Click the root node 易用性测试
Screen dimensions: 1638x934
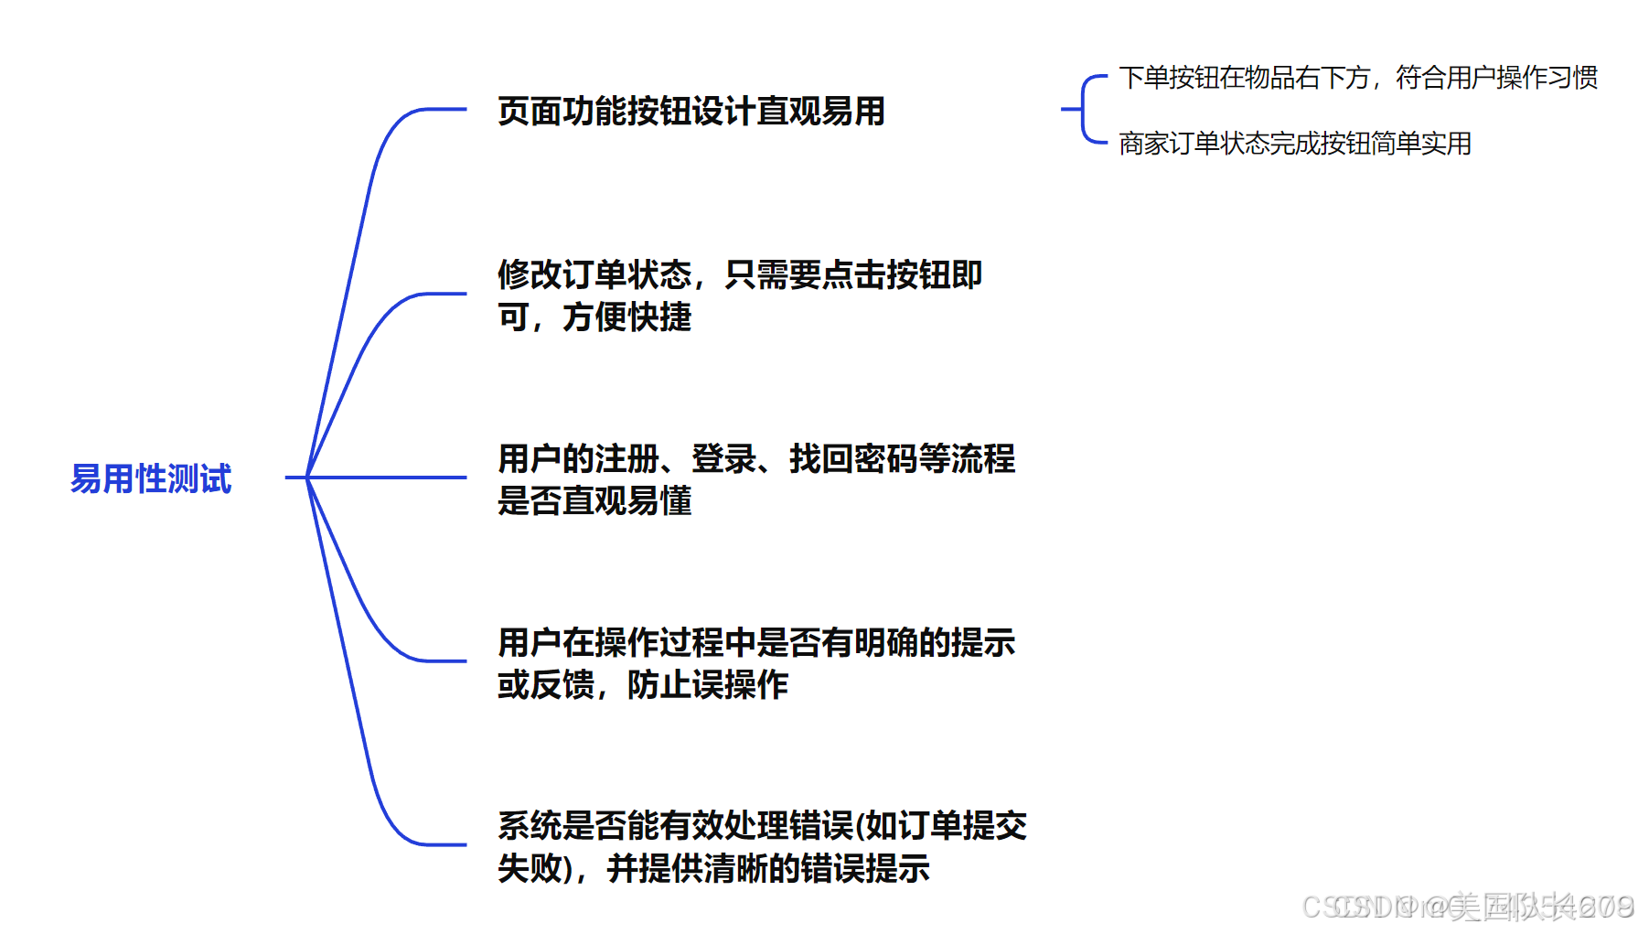coord(151,478)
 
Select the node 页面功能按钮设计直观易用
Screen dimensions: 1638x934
coord(691,112)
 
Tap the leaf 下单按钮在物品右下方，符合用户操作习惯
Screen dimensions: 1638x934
coord(1357,78)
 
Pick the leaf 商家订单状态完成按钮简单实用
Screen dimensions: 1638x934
coord(1294,144)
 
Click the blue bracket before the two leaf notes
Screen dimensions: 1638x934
coord(1085,110)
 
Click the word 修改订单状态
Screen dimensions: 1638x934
coord(594,274)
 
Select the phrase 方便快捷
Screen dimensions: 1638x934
coord(627,317)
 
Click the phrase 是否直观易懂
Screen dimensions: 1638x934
coord(594,501)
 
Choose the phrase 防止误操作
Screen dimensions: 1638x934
coord(708,685)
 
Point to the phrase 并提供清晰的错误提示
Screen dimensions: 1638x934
coord(768,868)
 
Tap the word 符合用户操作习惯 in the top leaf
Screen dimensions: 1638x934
coord(1497,78)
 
